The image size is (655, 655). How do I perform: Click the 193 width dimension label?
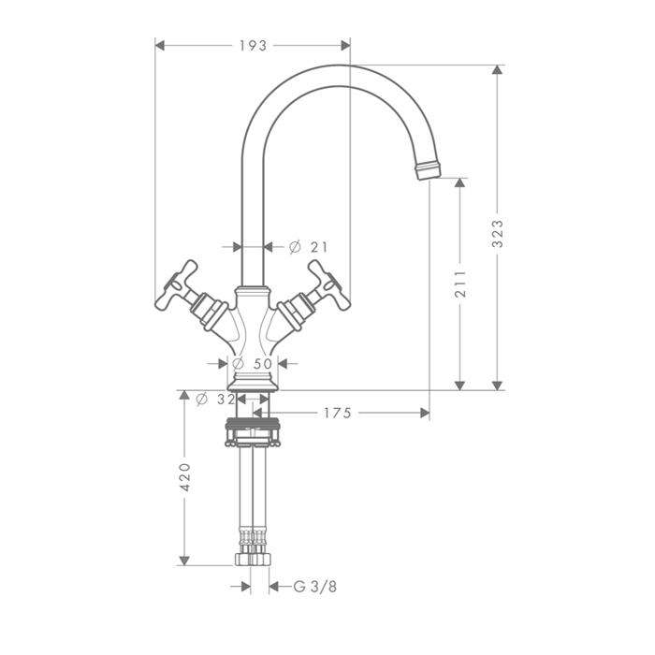point(253,46)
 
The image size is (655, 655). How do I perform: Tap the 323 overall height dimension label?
point(498,234)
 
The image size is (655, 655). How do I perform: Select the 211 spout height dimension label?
point(460,284)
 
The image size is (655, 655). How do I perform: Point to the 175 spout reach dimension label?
point(338,414)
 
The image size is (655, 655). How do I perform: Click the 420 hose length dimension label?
point(184,476)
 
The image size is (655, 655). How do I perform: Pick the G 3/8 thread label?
point(315,587)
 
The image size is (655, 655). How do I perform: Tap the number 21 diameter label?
point(319,247)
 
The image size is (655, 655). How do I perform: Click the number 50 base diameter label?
point(263,364)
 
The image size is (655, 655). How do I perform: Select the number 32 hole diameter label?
point(226,400)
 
